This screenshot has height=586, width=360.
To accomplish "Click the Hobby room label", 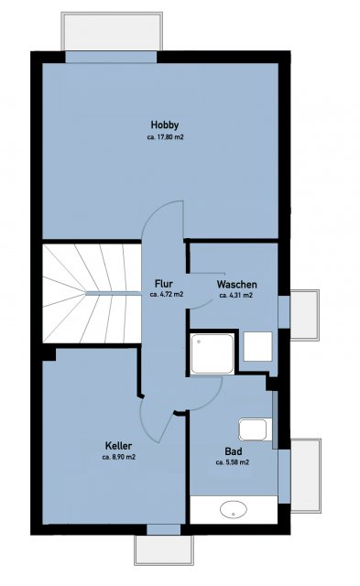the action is [x=165, y=125].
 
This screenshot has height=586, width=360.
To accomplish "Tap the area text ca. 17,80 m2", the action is [x=165, y=137].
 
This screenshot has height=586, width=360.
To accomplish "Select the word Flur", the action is [x=163, y=284].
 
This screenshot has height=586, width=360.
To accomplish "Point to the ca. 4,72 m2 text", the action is [x=167, y=295].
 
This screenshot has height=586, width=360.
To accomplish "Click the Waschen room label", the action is [x=236, y=285].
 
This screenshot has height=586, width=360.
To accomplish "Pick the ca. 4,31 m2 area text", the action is [x=236, y=295].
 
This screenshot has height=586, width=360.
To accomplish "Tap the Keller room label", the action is [x=118, y=446].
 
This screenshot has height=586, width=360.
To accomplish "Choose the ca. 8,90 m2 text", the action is [x=118, y=457].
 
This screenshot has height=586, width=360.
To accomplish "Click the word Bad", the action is [x=233, y=451].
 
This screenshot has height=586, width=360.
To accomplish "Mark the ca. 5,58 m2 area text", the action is [x=233, y=462].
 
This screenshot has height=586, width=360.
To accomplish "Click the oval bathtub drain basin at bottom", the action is [x=234, y=509].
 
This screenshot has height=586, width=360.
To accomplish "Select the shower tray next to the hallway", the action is [x=212, y=353].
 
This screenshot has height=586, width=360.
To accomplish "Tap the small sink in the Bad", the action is [x=253, y=429].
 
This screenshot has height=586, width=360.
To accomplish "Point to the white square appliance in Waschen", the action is [x=258, y=346].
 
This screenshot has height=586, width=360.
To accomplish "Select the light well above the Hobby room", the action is [x=112, y=31].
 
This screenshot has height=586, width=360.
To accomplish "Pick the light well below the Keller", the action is [x=164, y=550].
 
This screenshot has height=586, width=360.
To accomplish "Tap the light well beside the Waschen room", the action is [x=304, y=315].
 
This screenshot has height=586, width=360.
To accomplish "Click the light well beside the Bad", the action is [x=305, y=475].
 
